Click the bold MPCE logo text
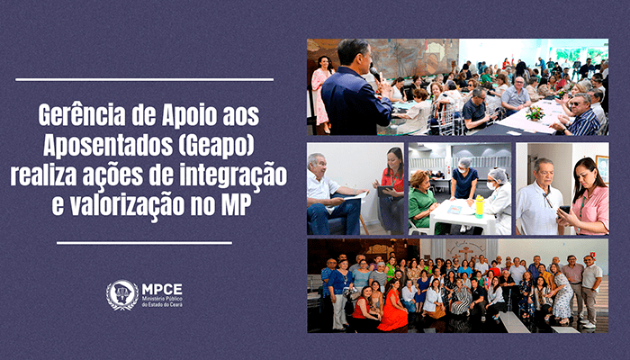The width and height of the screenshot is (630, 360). click(162, 289)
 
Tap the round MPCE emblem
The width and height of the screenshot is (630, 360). click(122, 295)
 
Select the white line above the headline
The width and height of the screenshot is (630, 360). click(145, 79)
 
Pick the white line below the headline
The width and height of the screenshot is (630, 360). click(145, 243)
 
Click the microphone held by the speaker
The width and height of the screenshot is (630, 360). click(375, 74)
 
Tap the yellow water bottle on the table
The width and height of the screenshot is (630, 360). click(479, 206)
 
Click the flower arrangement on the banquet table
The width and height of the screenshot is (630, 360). click(535, 112)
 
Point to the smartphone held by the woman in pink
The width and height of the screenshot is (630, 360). click(564, 210)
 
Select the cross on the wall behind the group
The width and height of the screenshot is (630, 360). click(465, 252)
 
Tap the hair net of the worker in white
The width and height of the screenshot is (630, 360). click(499, 175)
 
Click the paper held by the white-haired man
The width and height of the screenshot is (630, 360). click(356, 196)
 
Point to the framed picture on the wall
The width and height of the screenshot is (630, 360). click(602, 169)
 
